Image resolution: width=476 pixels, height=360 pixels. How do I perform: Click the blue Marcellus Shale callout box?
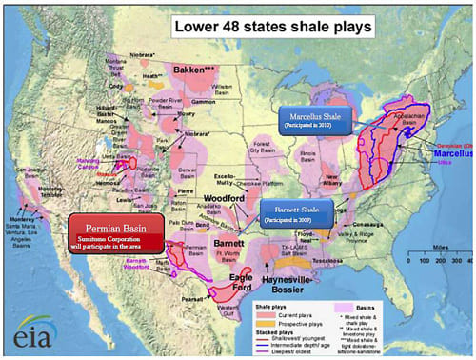[315, 121]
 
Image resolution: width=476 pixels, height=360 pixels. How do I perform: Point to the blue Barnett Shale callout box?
[299, 211]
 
